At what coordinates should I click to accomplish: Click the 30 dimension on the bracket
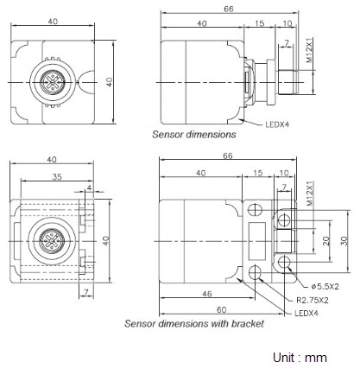pos(344,241)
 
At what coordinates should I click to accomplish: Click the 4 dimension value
pos(89,186)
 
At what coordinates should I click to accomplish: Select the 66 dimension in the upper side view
pos(228,8)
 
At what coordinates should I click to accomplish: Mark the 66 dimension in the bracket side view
pos(228,158)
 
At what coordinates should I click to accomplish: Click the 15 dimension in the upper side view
pos(261,23)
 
